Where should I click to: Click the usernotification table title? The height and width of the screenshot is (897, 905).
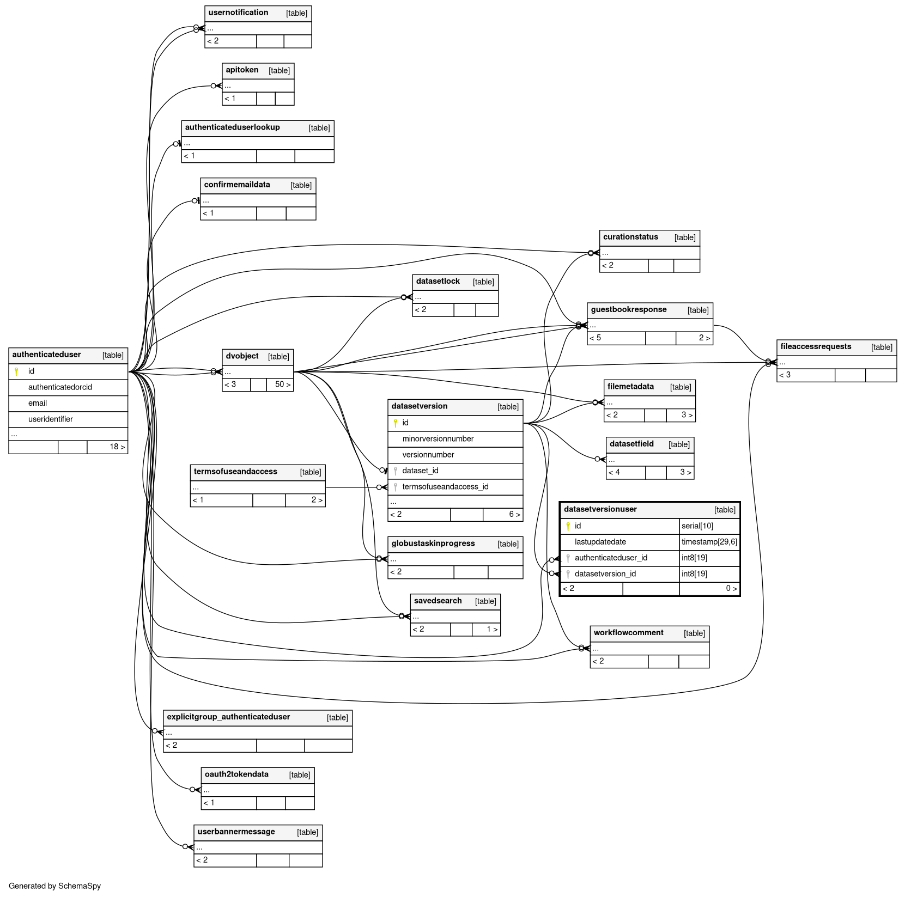[238, 13]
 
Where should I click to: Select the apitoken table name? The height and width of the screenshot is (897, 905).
[242, 70]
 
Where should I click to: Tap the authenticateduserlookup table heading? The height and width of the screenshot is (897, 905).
[232, 127]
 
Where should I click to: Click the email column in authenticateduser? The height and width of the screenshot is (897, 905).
[38, 403]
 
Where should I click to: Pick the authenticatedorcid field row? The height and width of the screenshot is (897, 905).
[60, 387]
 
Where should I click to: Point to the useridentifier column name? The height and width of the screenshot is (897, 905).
[51, 419]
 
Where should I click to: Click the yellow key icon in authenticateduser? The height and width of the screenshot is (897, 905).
[16, 371]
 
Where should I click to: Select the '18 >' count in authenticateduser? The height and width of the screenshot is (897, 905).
[117, 447]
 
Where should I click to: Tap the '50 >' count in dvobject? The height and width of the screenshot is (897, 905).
[282, 385]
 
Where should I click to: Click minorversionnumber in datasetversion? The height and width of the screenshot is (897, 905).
[438, 439]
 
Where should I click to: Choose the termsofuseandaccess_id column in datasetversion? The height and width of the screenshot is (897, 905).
[445, 487]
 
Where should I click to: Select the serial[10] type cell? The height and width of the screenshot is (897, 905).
[697, 526]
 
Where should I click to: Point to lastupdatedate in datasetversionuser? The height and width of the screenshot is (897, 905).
[600, 542]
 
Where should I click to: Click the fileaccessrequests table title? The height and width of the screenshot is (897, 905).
[816, 347]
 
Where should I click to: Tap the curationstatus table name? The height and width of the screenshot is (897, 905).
[630, 237]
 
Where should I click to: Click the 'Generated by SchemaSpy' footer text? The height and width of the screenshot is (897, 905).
[55, 886]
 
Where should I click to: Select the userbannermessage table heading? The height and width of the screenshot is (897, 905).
[236, 832]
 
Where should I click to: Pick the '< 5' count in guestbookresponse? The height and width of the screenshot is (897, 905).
[596, 338]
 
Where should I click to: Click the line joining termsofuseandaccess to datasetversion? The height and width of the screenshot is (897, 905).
[351, 487]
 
